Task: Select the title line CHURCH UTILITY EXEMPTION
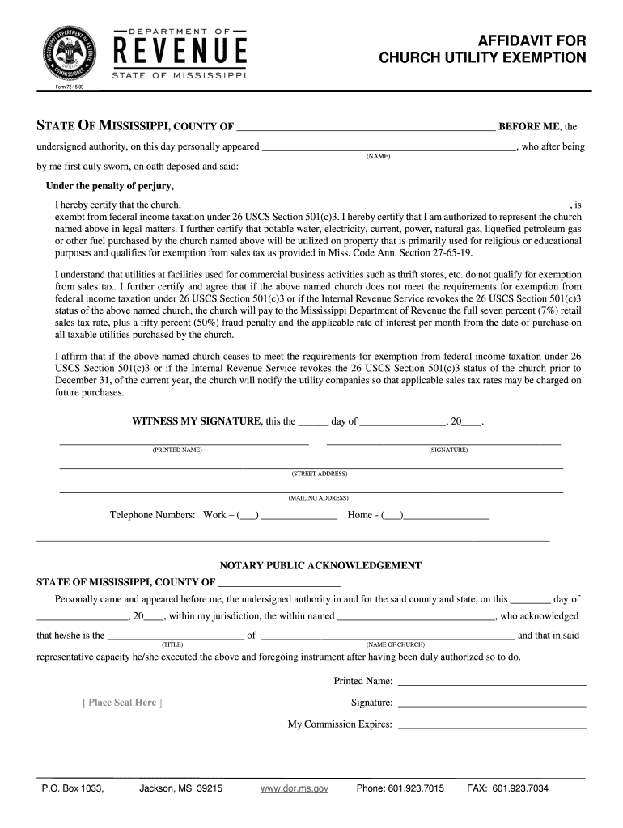(483, 58)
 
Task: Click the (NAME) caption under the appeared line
(378, 156)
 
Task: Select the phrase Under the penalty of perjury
(105, 186)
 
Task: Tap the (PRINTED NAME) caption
(177, 450)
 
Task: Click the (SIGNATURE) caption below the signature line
(448, 450)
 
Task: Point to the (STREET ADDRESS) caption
(320, 474)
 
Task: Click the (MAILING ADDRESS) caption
(319, 498)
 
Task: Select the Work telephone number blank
(299, 516)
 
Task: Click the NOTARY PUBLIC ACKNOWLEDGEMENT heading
(321, 565)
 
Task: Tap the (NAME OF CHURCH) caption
(396, 644)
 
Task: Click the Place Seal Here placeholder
(122, 703)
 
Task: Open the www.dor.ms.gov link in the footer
(295, 788)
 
